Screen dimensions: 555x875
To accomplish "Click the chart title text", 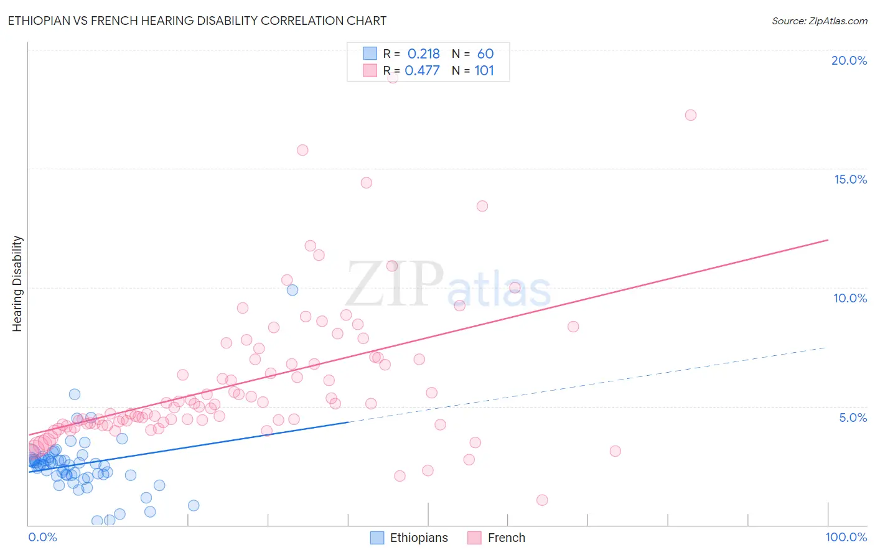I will tap(197, 21).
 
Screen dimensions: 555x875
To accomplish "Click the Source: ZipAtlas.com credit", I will tap(819, 21).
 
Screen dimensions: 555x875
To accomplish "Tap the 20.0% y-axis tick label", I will tap(849, 60).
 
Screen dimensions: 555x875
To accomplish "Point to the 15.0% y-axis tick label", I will tap(850, 179).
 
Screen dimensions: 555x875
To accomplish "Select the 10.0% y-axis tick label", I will tap(850, 298).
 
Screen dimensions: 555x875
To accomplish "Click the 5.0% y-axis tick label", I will tap(853, 417).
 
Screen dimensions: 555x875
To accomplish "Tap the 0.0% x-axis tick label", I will tap(42, 537).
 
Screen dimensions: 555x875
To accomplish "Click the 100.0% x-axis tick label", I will tap(846, 537).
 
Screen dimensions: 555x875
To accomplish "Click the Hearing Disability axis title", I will tap(17, 283).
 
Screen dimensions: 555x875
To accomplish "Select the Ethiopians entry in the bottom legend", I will tap(418, 538).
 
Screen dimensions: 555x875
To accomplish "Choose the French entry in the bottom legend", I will tap(506, 538).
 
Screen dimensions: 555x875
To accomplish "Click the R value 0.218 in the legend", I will tap(423, 54).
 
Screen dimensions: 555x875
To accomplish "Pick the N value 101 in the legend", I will tap(484, 71).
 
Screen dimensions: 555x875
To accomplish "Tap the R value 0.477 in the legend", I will tap(422, 71).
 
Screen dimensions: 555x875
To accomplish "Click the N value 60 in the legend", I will tap(485, 54).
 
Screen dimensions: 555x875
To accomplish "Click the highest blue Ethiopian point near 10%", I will tap(292, 290).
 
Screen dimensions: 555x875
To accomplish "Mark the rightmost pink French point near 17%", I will tap(690, 115).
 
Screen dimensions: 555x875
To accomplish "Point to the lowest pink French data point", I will tap(542, 500).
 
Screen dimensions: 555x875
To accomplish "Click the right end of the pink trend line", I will tap(828, 240).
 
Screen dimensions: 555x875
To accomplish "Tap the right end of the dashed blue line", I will tap(825, 348).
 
